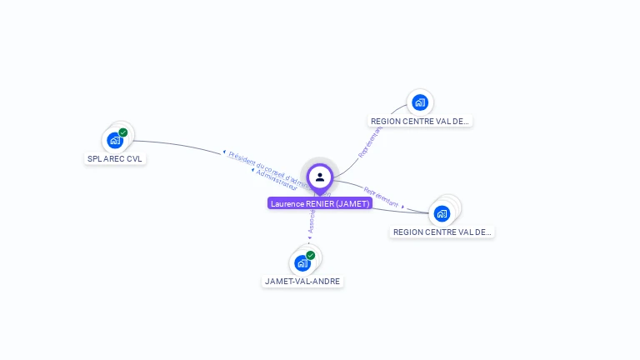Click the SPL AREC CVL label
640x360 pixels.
(x=117, y=158)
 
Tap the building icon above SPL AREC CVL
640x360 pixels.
(x=115, y=140)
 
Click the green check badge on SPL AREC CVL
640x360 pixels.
(x=123, y=132)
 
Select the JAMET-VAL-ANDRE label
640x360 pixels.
(x=302, y=282)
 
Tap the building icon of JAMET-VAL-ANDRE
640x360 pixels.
(x=302, y=263)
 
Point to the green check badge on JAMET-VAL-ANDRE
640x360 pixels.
(x=311, y=255)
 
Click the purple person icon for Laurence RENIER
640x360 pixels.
(x=320, y=177)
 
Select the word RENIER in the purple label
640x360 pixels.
(x=320, y=203)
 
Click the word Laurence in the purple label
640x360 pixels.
(x=287, y=203)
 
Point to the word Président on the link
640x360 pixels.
(x=242, y=157)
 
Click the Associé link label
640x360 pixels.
(x=312, y=218)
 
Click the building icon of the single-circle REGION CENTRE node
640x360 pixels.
(x=420, y=102)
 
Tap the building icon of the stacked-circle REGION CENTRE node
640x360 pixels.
(x=442, y=213)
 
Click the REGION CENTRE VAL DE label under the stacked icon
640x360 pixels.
(x=442, y=232)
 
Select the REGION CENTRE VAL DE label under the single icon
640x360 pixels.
(x=420, y=121)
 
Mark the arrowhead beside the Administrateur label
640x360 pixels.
(x=252, y=169)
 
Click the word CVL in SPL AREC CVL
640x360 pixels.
(x=135, y=158)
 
